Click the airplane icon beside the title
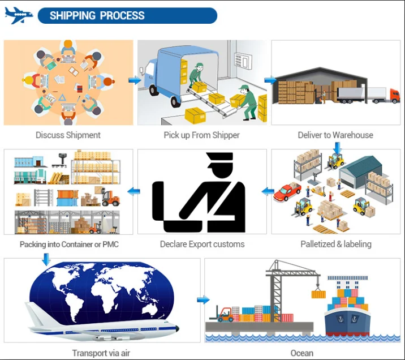point(19,15)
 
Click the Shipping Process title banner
point(127,16)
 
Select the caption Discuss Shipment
point(68,135)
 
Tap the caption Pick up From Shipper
point(201,135)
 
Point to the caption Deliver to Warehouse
point(335,135)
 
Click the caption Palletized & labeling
point(335,244)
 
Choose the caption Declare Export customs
point(202,244)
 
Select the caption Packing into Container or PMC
point(69,245)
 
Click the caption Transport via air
point(102,353)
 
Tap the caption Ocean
point(301,353)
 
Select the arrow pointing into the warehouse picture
point(270,80)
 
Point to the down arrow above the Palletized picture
point(338,147)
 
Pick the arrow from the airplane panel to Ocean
point(203,299)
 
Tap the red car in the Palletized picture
point(287,192)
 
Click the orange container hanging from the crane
point(318,294)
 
